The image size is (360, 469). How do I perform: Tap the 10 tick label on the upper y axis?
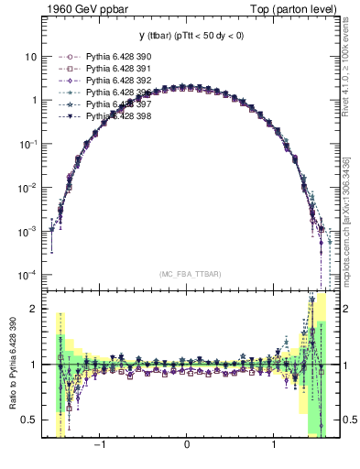click(30, 56)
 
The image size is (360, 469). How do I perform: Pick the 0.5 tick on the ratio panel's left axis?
click(28, 420)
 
